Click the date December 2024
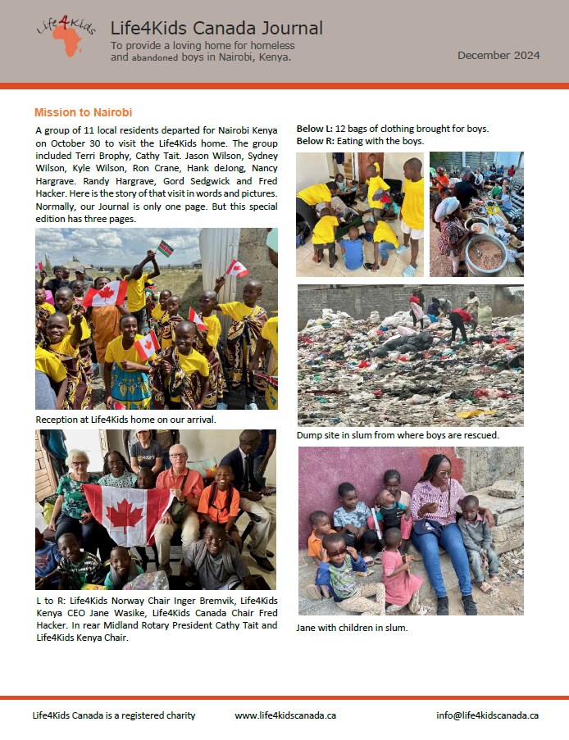click(x=498, y=56)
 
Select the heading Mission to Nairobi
click(x=83, y=112)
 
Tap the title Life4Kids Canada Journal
click(x=216, y=29)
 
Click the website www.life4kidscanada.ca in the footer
click(x=285, y=715)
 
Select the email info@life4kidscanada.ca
click(x=487, y=715)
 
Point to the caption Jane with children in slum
click(x=352, y=628)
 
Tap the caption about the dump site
click(x=398, y=435)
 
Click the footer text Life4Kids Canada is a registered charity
click(x=114, y=715)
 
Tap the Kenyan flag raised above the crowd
click(x=166, y=247)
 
